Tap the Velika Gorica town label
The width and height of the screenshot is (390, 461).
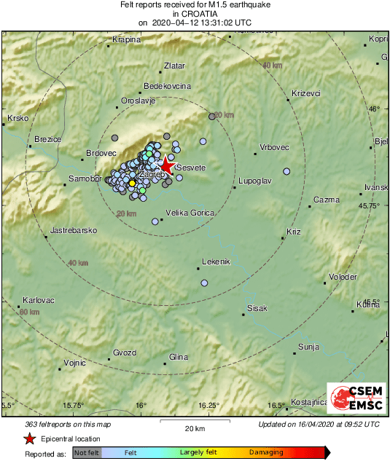point(190,213)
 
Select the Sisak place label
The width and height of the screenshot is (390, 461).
point(257,309)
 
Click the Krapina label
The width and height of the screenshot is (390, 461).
point(126,39)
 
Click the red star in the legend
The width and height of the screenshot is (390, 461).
point(28,438)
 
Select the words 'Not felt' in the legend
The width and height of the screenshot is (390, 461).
point(87,453)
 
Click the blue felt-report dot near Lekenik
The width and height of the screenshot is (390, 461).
point(204,283)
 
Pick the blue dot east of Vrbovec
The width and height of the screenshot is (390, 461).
point(286,172)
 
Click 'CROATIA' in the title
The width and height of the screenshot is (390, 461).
point(194,13)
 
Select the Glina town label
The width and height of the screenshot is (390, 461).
point(179,357)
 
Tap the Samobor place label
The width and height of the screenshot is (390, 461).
point(84,178)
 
